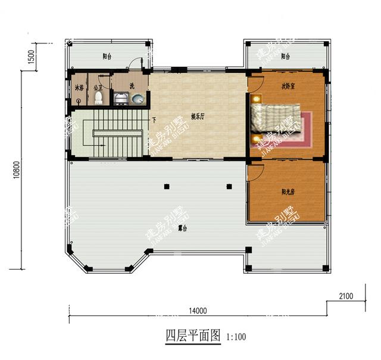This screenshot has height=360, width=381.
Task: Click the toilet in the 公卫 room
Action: point(98,97)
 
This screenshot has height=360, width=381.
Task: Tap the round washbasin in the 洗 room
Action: point(138,99)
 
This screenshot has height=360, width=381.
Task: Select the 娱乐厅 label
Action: point(198,117)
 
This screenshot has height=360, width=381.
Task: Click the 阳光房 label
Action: point(288,192)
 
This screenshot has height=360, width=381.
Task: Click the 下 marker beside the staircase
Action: point(154,120)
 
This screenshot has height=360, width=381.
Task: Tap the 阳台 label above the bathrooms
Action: point(107,57)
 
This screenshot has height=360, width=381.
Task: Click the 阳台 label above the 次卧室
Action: point(286,57)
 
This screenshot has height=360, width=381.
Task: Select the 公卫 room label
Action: point(98,87)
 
